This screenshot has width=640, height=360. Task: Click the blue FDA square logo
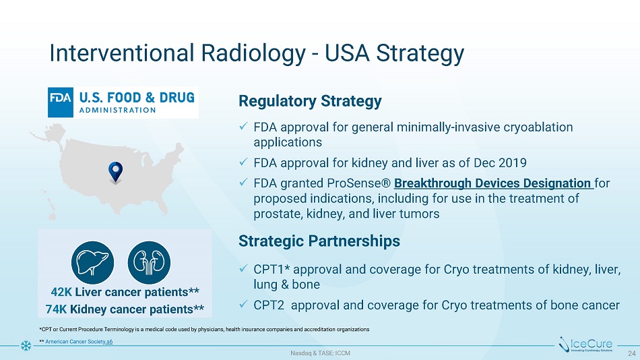point(61,102)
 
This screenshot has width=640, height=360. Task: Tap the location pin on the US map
point(115,172)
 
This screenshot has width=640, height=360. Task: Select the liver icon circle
point(93,262)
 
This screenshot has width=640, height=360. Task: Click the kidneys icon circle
point(149,262)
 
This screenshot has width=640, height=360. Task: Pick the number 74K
point(56,309)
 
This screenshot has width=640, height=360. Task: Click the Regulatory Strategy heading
point(310,101)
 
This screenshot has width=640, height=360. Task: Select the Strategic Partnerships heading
point(319,241)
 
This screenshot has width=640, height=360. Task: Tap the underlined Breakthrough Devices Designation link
point(492,183)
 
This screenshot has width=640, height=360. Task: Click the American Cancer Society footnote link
point(79,342)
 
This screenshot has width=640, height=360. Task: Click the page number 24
point(631,353)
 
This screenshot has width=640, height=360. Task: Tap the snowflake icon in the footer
point(26,346)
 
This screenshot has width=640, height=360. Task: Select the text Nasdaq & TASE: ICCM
point(320,353)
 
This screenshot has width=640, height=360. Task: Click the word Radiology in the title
point(253,53)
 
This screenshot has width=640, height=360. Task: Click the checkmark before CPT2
point(243,304)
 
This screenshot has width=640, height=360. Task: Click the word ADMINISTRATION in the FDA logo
point(117,110)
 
